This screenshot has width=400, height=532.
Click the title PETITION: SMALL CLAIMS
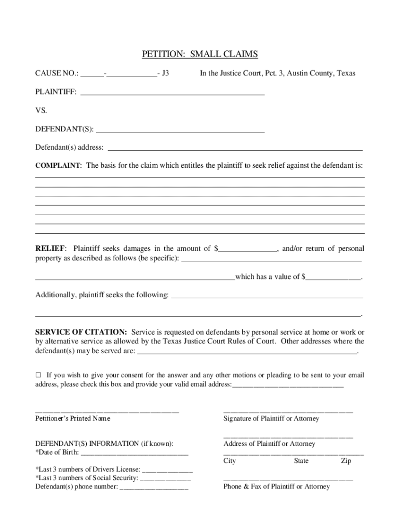[x=200, y=55]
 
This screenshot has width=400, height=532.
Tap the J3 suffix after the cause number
[x=165, y=73]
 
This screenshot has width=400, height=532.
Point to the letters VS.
[x=41, y=111]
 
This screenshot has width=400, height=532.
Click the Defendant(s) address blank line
[x=234, y=148]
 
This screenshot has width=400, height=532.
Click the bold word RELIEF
[x=50, y=249]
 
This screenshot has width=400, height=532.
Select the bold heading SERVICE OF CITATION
[x=81, y=332]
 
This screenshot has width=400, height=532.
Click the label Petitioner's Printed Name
[x=73, y=418]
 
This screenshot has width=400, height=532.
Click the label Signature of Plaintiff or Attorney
[x=271, y=418]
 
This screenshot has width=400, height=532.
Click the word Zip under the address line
[x=346, y=461]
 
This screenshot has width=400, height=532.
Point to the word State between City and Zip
[x=301, y=461]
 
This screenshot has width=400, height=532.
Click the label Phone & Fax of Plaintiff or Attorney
[x=276, y=487]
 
